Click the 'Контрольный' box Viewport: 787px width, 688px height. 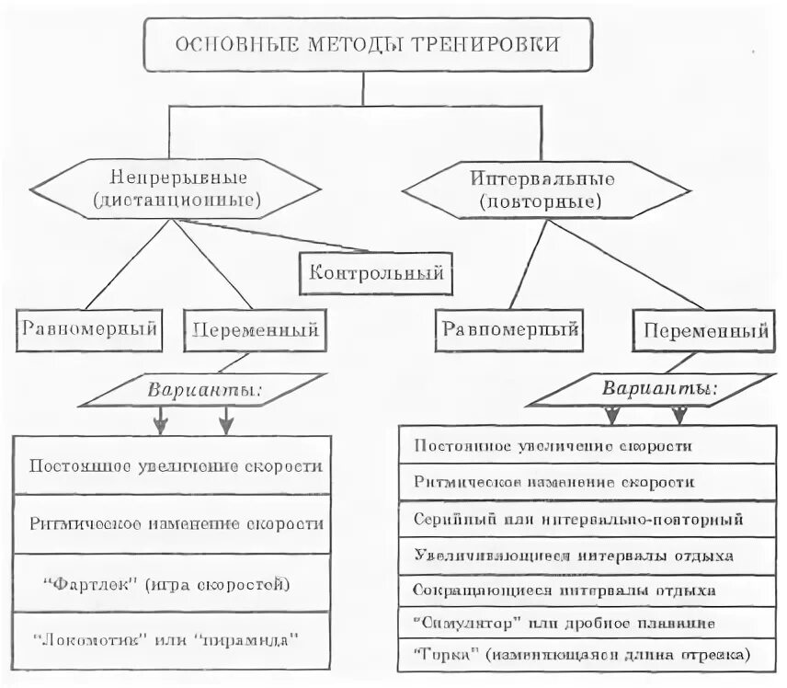point(377,273)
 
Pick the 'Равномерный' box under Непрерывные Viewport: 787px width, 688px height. point(89,329)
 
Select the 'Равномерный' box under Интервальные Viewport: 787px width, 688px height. point(511,329)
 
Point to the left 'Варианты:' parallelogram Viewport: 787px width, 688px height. point(203,390)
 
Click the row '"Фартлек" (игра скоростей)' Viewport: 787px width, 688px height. point(173,584)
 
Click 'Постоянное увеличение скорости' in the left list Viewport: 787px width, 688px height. point(173,465)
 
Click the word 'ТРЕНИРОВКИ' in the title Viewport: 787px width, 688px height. point(488,44)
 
